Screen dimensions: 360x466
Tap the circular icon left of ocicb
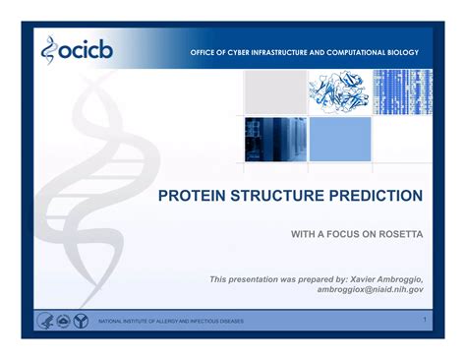pyautogui.click(x=52, y=48)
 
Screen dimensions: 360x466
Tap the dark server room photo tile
pyautogui.click(x=273, y=139)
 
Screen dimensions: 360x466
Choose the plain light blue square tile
pyautogui.click(x=339, y=139)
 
